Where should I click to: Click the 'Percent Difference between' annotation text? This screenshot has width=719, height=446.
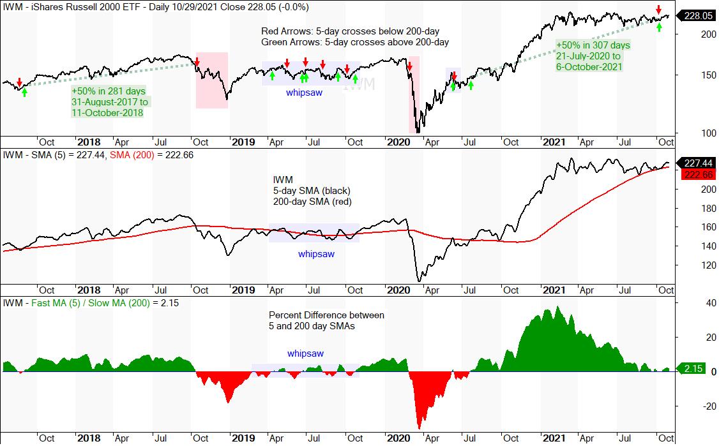[326, 315]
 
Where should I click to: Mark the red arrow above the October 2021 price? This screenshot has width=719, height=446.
[658, 9]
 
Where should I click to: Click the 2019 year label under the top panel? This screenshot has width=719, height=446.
[243, 142]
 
